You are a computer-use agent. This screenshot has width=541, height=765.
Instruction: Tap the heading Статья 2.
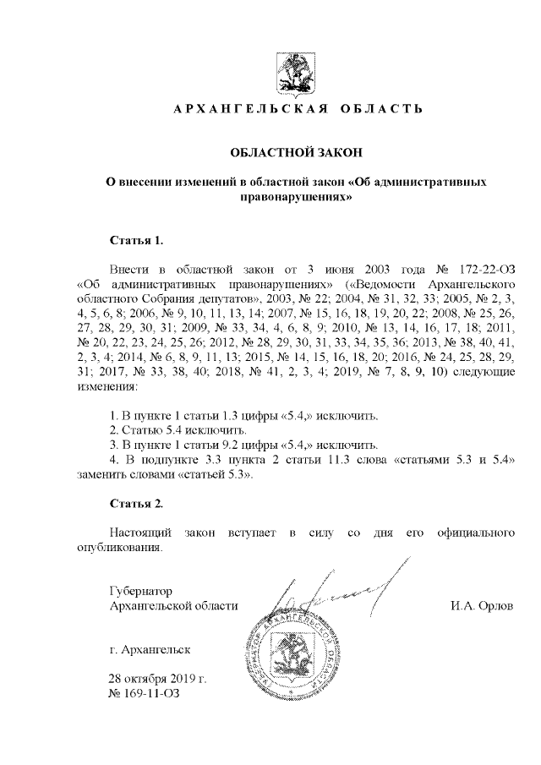[135, 504]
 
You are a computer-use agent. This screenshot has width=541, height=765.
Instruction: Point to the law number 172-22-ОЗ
[481, 268]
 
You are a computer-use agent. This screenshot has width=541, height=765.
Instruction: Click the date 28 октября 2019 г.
[158, 680]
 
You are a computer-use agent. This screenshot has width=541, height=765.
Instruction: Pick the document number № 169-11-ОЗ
[145, 695]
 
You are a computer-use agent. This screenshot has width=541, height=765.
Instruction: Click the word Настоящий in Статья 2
[142, 533]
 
